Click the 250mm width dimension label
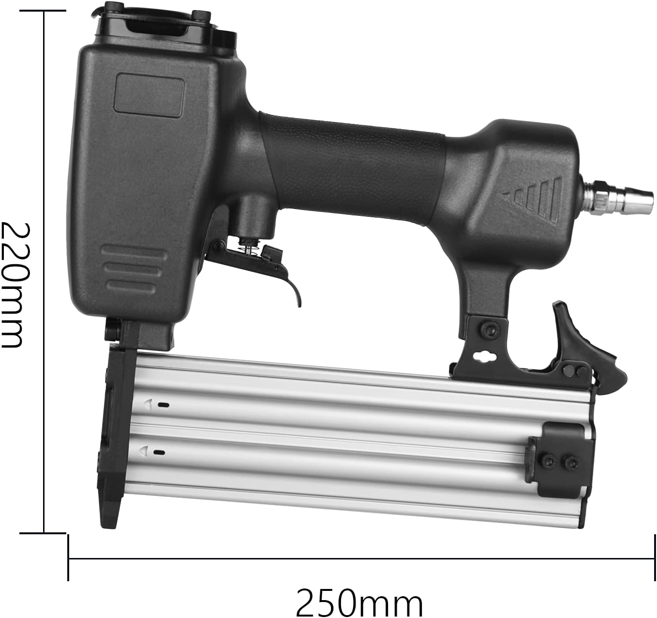click(359, 603)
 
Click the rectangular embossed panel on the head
click(149, 92)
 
